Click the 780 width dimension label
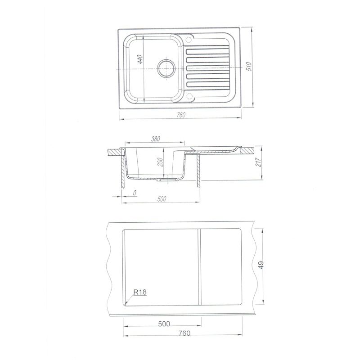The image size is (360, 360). (181, 115)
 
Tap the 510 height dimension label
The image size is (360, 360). (250, 66)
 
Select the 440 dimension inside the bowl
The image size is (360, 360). (140, 59)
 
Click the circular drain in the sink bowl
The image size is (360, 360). (166, 68)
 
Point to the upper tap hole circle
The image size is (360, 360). (189, 39)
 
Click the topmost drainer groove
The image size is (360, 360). (207, 52)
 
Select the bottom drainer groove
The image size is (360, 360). (208, 84)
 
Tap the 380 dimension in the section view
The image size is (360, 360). (156, 139)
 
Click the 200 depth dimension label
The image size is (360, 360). (161, 162)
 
